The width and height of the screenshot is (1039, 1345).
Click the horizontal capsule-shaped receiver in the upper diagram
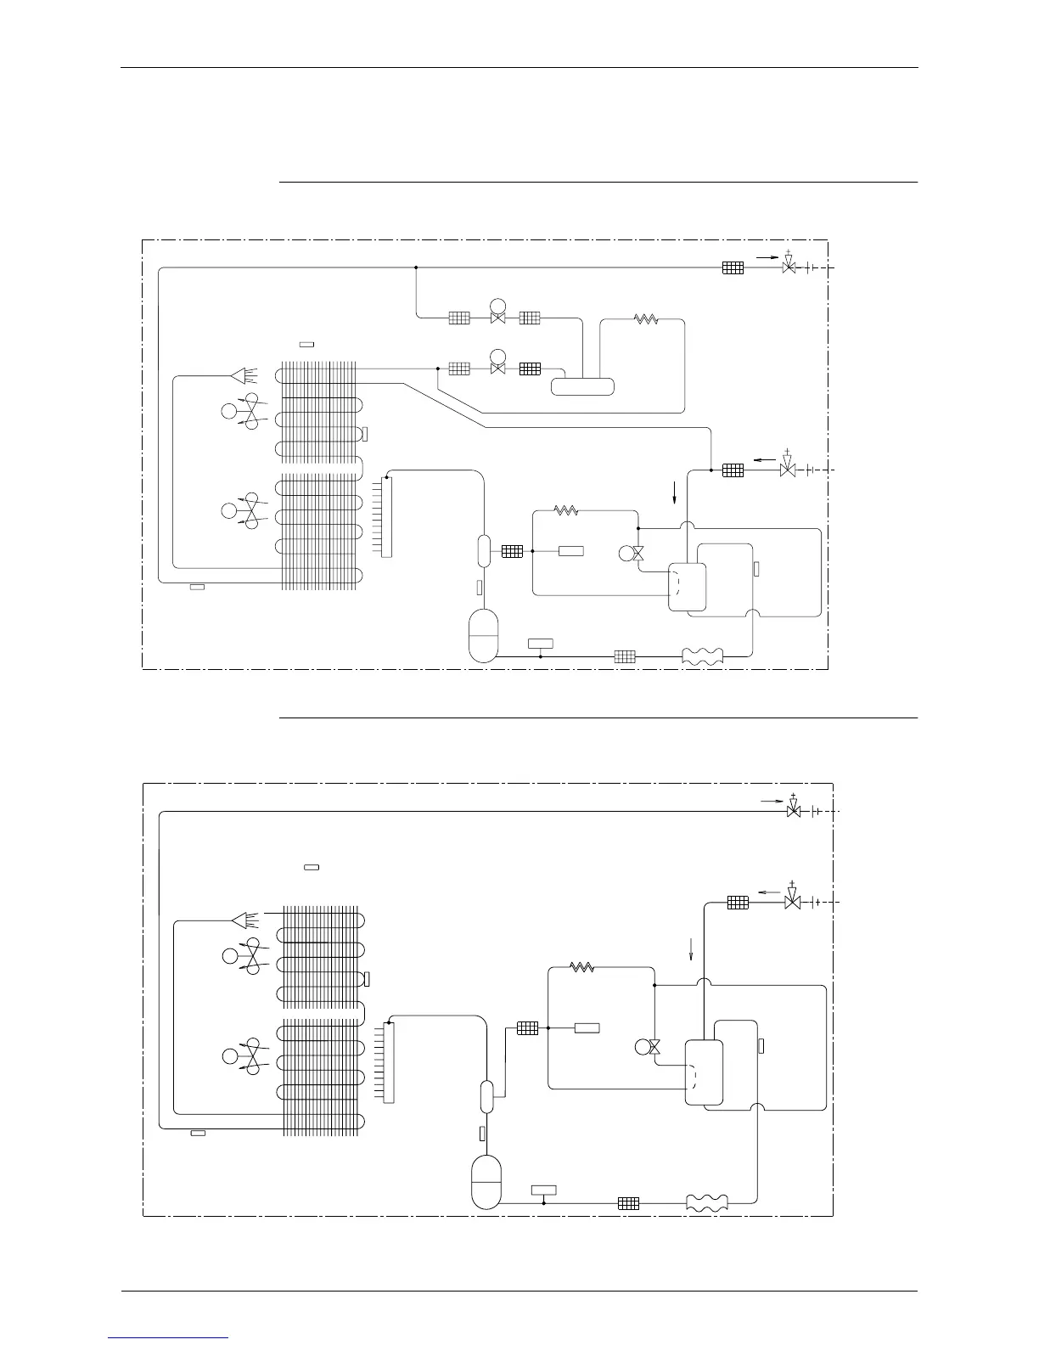582,386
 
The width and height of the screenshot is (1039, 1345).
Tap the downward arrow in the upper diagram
675,492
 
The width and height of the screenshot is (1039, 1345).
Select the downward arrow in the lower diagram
691,948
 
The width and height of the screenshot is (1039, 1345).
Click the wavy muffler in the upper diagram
704,656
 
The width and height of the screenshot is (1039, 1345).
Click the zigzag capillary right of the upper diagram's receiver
646,320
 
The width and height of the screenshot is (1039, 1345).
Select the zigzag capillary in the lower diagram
581,966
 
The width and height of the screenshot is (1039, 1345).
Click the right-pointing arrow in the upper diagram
767,256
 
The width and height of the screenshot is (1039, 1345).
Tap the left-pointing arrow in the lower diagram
768,892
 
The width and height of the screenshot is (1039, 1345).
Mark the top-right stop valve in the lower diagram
794,811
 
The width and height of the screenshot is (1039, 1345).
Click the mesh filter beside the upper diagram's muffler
625,656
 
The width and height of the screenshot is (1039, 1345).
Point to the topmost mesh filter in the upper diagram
733,267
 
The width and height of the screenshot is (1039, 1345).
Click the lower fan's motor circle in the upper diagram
228,511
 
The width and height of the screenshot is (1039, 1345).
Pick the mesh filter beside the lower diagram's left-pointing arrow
738,903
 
